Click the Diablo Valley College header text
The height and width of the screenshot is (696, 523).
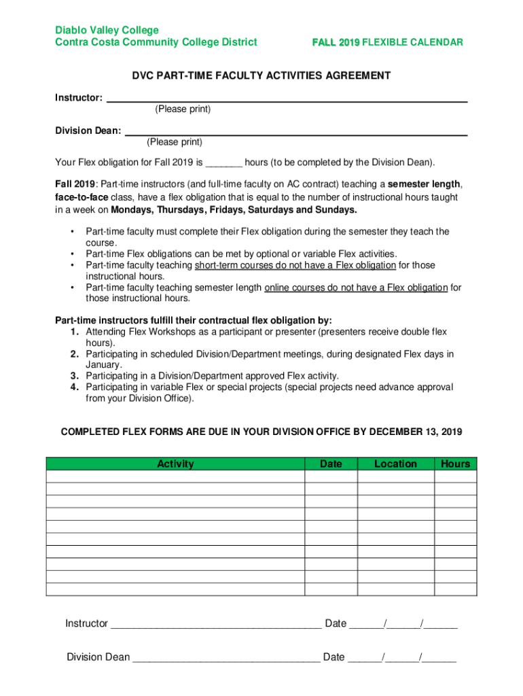(x=107, y=30)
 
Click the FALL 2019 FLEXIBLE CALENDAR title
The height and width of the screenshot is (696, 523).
(x=387, y=42)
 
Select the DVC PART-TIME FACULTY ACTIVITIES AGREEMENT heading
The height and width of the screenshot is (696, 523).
(x=260, y=75)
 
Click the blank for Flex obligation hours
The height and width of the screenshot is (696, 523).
(x=223, y=163)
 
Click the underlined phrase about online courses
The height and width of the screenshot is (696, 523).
(x=355, y=288)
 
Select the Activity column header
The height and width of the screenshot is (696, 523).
(x=175, y=464)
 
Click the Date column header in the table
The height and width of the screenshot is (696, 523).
(x=331, y=464)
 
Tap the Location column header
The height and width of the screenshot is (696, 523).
(x=395, y=464)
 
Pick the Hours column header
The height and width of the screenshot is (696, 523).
(x=455, y=464)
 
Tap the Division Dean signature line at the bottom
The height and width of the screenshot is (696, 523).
(x=226, y=658)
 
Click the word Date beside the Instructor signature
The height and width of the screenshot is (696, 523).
(x=336, y=623)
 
